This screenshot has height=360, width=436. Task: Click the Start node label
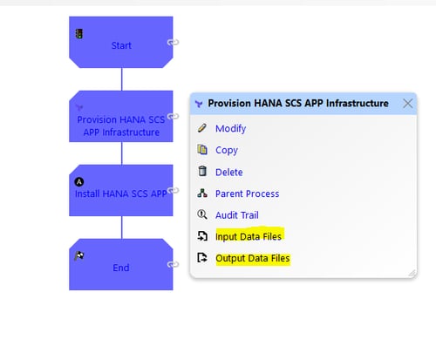(121, 45)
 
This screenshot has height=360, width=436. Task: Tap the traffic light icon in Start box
(78, 34)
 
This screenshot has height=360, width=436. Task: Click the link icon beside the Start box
(173, 43)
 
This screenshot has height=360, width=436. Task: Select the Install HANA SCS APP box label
(121, 194)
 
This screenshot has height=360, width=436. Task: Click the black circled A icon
(79, 182)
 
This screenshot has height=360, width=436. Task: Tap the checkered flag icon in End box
(79, 256)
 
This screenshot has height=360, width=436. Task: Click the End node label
(121, 268)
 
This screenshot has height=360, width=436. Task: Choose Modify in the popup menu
(230, 128)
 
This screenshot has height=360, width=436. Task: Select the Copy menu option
(227, 150)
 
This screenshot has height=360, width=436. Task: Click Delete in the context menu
(229, 172)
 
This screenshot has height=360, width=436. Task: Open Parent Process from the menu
(247, 194)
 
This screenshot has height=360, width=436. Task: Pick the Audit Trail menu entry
(237, 215)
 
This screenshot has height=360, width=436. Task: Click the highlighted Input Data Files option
(249, 236)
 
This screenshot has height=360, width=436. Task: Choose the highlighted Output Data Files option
(253, 258)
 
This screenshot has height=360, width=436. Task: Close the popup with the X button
(408, 103)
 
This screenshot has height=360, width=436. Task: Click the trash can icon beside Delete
(202, 171)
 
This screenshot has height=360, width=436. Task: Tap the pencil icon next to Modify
(202, 128)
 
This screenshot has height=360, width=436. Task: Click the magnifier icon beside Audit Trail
(202, 214)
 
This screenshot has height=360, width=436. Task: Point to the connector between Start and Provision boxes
(121, 79)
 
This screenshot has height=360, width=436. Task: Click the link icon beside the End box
(173, 264)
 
